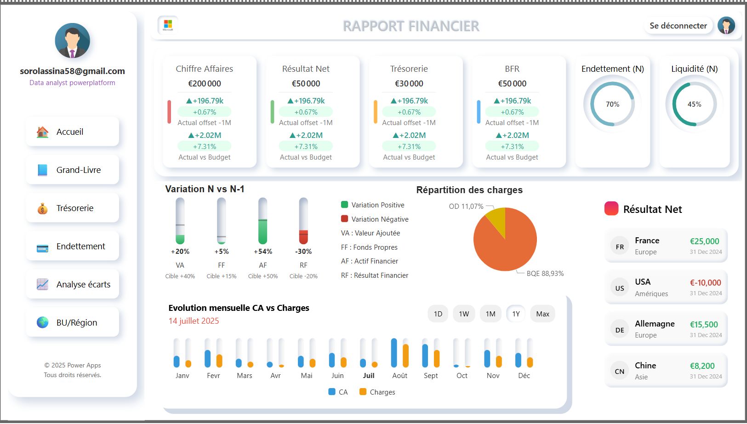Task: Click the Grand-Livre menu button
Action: [73, 170]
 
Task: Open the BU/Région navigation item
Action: [73, 322]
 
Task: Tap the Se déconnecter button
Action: [678, 26]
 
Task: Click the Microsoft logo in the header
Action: [168, 25]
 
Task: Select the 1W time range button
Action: [464, 314]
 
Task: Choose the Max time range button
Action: [542, 314]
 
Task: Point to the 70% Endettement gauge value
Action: [612, 104]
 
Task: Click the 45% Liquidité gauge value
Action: [694, 104]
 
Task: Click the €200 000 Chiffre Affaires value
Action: [205, 84]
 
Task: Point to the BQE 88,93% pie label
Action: [545, 273]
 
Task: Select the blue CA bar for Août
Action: [394, 353]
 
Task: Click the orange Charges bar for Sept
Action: [437, 358]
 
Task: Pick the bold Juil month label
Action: [369, 375]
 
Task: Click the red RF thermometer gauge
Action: [303, 221]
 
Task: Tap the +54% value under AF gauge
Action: [263, 252]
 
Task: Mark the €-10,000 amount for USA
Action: [705, 282]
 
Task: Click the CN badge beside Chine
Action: [619, 371]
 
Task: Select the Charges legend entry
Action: [377, 392]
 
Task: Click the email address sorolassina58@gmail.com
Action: [72, 71]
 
